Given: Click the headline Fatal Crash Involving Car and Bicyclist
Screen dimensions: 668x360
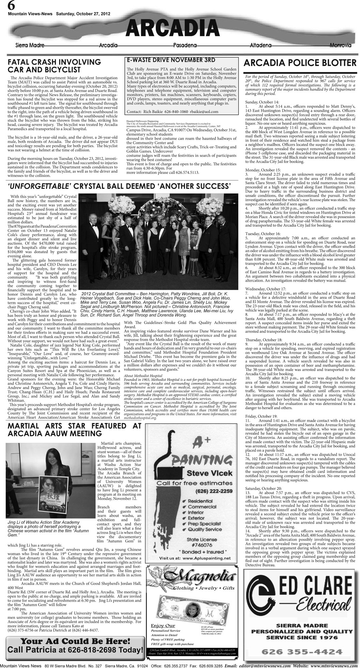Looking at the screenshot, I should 55,66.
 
